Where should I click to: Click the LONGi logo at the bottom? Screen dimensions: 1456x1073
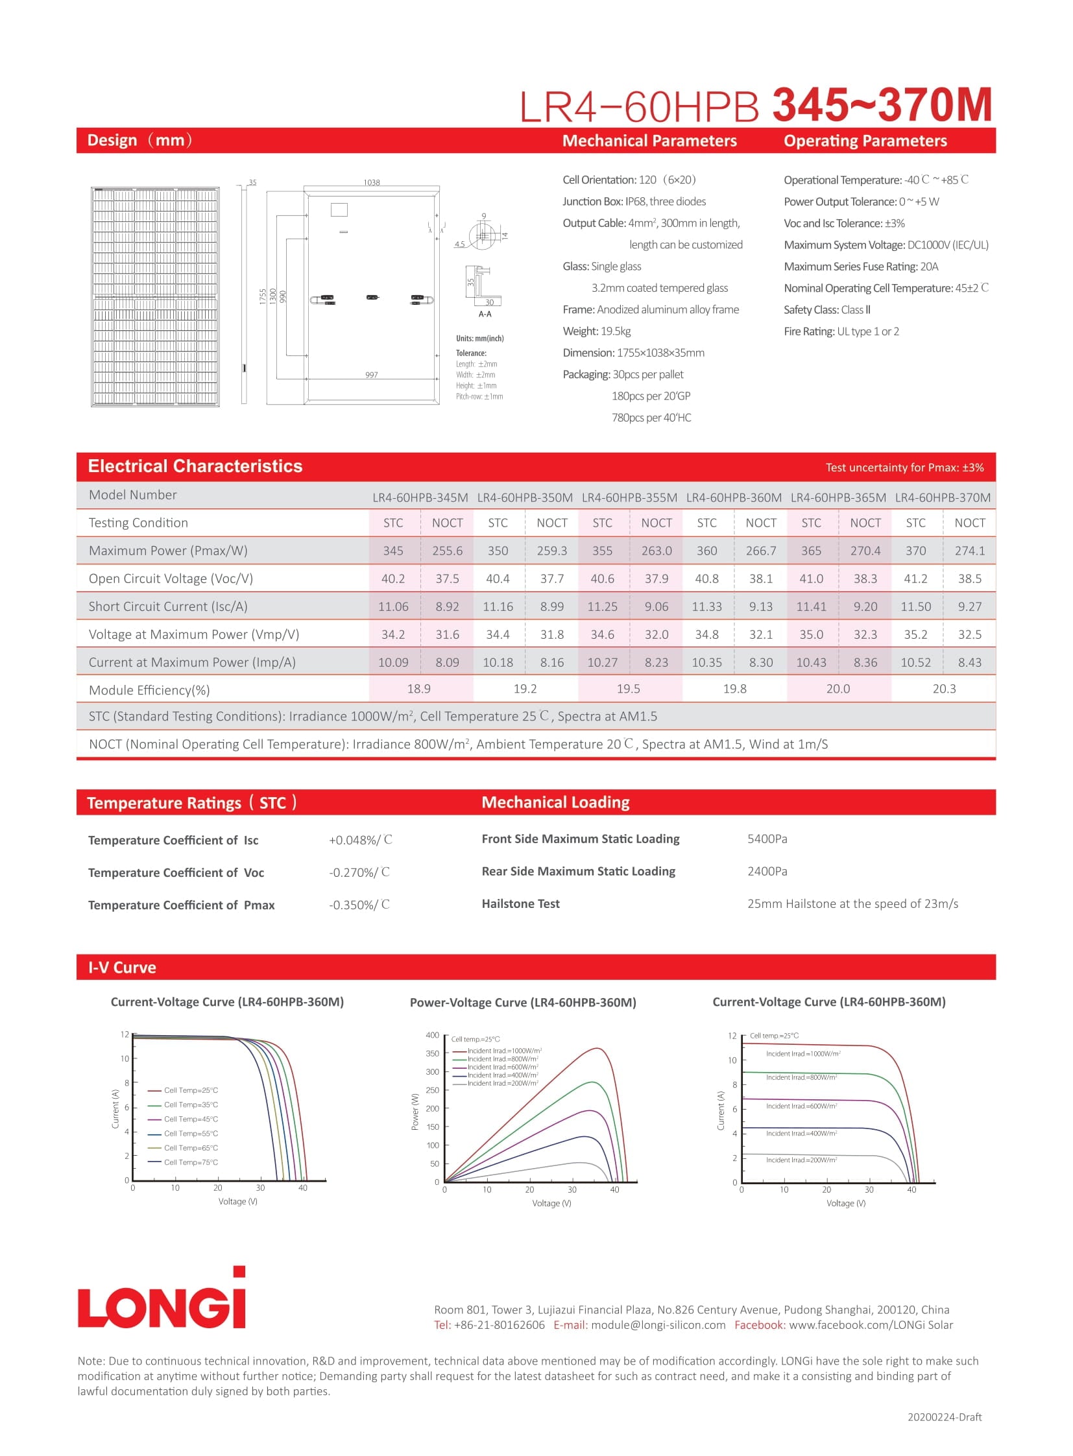click(x=162, y=1300)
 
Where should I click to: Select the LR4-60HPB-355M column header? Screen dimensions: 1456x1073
click(x=629, y=497)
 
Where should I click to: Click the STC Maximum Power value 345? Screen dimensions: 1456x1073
click(x=393, y=551)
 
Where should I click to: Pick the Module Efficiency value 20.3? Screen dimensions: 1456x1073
click(x=944, y=688)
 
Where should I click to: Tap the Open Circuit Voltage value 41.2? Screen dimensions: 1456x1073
click(x=915, y=579)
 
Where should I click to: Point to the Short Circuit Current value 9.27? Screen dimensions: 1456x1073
click(x=969, y=606)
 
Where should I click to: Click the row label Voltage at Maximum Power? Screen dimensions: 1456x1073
click(x=193, y=634)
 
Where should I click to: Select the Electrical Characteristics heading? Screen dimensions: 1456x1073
click(x=195, y=466)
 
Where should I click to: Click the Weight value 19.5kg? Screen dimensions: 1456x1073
click(x=615, y=331)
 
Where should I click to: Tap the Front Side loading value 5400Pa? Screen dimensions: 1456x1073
click(x=767, y=839)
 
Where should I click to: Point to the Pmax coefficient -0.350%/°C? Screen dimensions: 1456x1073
click(x=359, y=905)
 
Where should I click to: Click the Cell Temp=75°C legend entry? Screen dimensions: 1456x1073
click(x=190, y=1162)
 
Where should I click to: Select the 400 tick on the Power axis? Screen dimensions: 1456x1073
click(x=432, y=1035)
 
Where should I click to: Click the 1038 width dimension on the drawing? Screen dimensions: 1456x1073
click(x=372, y=182)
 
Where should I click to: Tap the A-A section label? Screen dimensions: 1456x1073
click(x=485, y=315)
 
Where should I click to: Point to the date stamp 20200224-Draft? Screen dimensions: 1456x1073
click(x=944, y=1417)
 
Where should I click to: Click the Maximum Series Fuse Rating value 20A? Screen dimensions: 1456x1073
click(x=929, y=267)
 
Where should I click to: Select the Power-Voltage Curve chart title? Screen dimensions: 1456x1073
click(x=523, y=1003)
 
